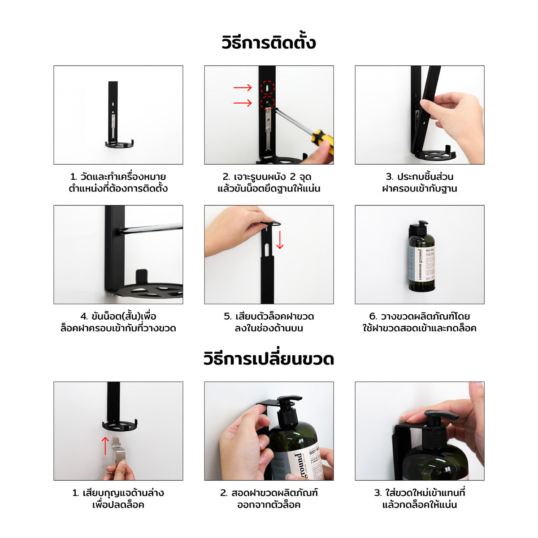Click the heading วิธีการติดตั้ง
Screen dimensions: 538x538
[x=269, y=43]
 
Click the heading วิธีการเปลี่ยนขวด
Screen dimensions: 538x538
[x=269, y=359]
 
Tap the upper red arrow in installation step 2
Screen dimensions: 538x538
[x=243, y=88]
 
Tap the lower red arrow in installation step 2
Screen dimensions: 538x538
[x=243, y=103]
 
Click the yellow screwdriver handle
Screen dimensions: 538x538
[x=322, y=142]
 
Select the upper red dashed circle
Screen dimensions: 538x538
[x=268, y=88]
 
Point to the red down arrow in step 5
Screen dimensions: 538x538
[x=280, y=240]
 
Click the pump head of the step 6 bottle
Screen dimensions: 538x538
[x=420, y=228]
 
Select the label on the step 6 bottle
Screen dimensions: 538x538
[x=421, y=264]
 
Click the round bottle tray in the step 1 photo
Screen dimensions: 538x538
[x=119, y=144]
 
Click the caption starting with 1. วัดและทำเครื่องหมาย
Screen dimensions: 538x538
[x=118, y=182]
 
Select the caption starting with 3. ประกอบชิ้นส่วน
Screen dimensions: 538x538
[x=420, y=182]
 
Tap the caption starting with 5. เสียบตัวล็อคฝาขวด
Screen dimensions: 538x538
[x=269, y=322]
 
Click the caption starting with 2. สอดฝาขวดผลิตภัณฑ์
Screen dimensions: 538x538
[x=269, y=499]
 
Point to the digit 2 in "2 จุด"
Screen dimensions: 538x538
[x=293, y=177]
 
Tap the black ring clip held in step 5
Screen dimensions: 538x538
[x=270, y=223]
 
